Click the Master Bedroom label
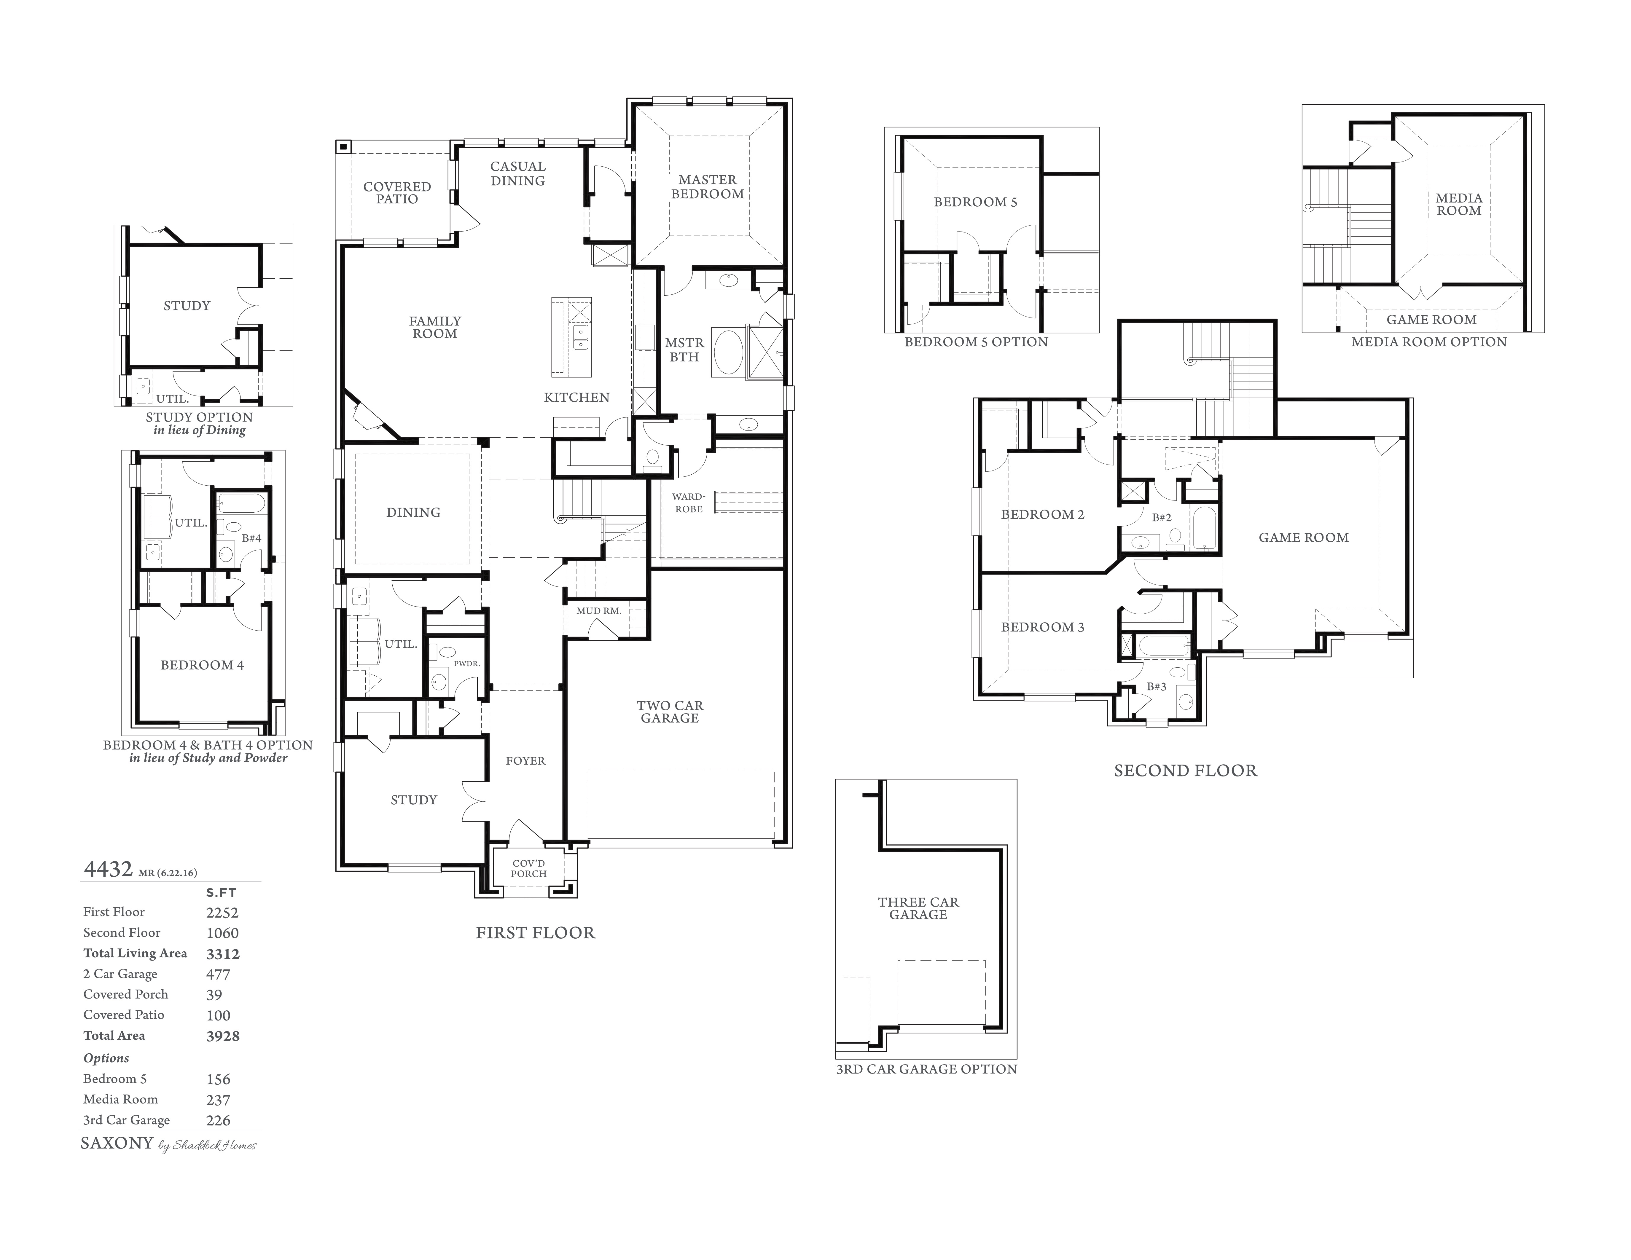[707, 186]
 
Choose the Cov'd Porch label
[529, 868]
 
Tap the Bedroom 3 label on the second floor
[1043, 627]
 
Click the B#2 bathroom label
[1161, 517]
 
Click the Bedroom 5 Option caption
[976, 342]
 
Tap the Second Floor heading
[1185, 770]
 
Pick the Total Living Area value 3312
[222, 953]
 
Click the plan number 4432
[108, 869]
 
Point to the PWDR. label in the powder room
[467, 663]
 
